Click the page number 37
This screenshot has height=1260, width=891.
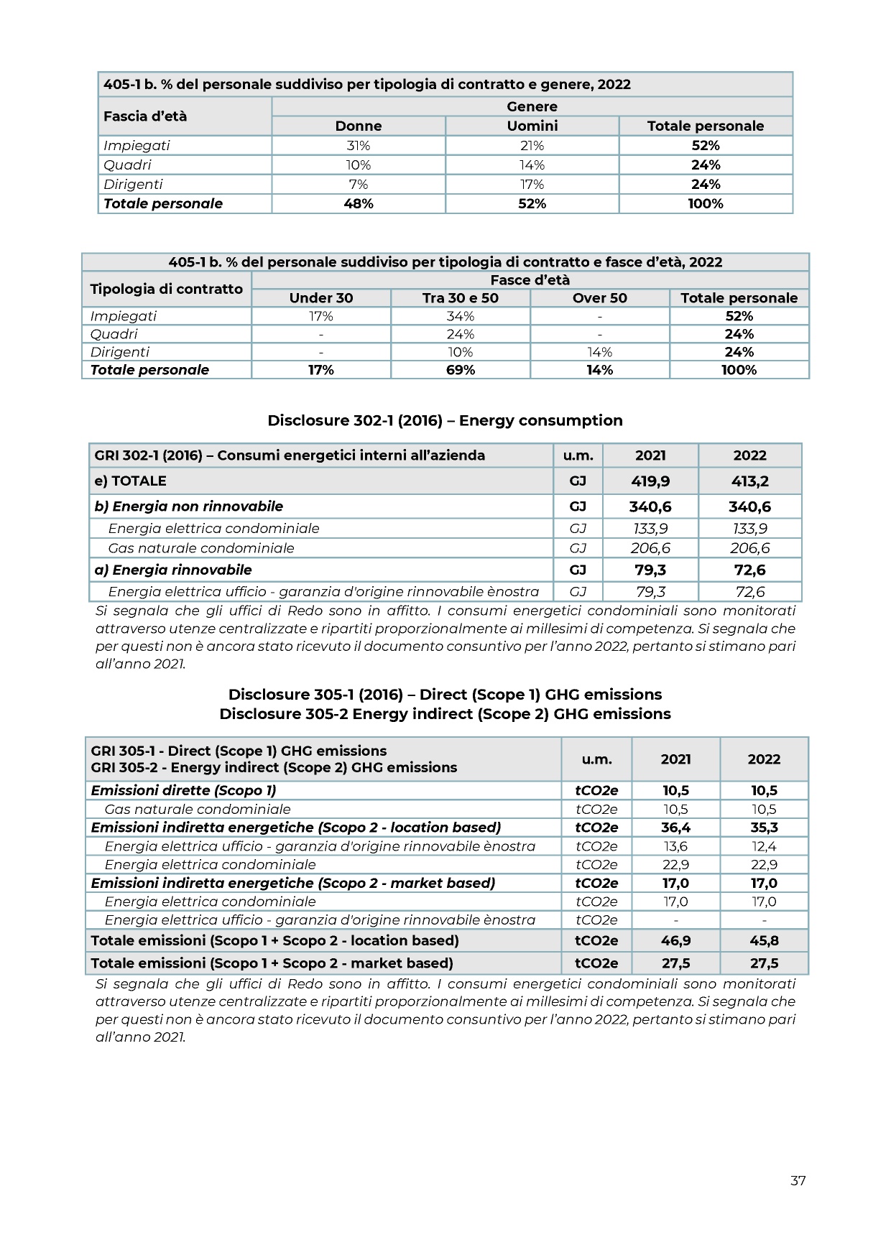coord(798,1180)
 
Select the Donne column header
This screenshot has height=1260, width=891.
coord(358,126)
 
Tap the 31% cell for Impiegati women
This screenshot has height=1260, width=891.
coord(358,145)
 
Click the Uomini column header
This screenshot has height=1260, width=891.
coord(532,126)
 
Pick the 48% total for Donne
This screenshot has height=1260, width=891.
coord(358,203)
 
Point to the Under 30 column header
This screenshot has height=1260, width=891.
coord(320,298)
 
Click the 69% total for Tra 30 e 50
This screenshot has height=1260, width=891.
coord(460,370)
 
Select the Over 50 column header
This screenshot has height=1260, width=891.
coord(599,298)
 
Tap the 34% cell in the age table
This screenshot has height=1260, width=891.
coord(460,316)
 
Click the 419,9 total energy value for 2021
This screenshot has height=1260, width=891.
coord(650,481)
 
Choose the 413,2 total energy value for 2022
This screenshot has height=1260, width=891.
coord(749,481)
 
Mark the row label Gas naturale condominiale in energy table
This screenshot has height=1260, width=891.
coord(201,548)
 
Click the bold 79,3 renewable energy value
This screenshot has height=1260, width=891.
coord(650,570)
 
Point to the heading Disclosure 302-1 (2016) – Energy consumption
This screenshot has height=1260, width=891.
coord(445,420)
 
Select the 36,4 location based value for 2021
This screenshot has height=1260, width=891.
coord(675,828)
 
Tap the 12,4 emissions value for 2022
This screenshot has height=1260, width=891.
coord(764,846)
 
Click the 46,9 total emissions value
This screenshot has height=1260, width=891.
coord(675,940)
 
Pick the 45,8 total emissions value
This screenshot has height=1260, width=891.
coord(764,940)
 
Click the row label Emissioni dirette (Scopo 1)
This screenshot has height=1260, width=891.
coord(183,790)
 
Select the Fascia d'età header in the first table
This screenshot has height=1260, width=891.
coord(145,116)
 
